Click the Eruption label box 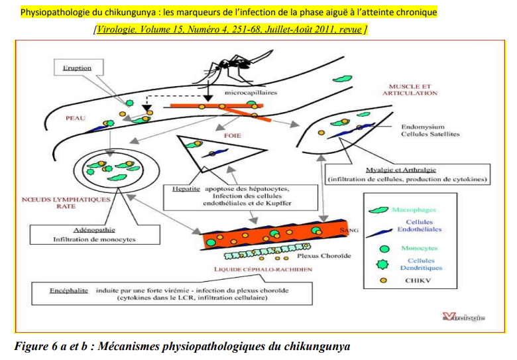(x=77, y=68)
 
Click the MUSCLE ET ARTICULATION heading (x=410, y=90)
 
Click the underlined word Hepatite (x=186, y=188)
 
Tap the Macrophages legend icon (x=380, y=210)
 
